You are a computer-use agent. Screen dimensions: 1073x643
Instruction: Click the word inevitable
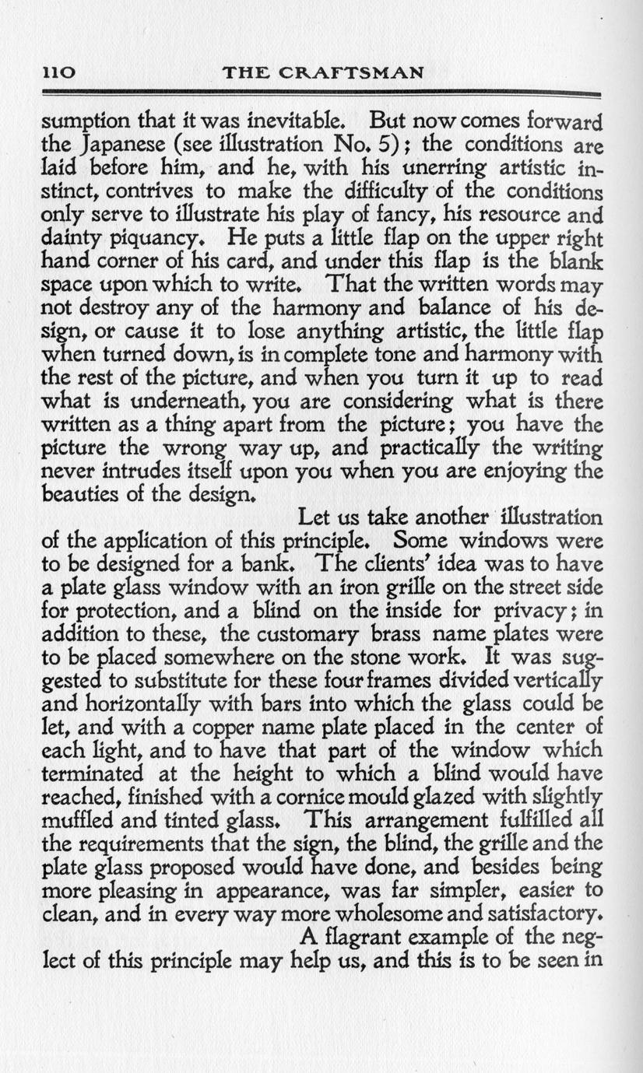(x=279, y=121)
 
